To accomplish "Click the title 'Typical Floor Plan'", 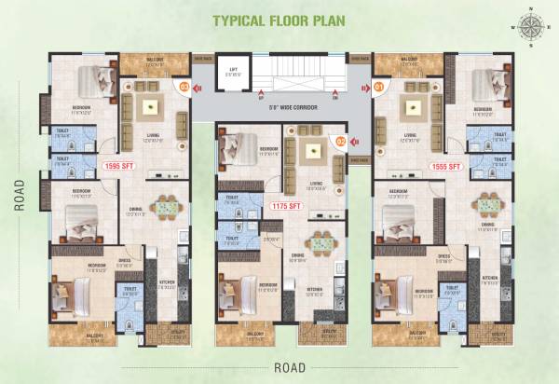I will pos(279,21).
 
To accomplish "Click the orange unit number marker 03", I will pos(184,88).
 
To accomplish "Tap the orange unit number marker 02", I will pos(341,142).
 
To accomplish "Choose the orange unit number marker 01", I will pos(379,88).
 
